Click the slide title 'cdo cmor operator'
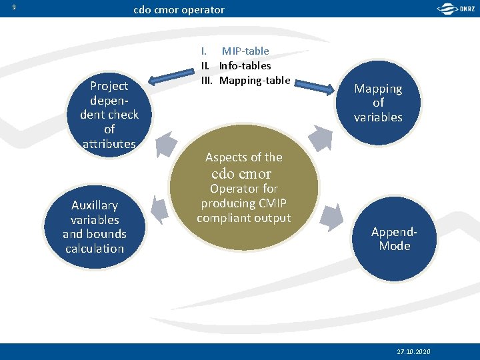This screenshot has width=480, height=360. (179, 10)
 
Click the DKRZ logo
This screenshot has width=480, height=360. (457, 9)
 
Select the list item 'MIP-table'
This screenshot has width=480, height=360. (245, 51)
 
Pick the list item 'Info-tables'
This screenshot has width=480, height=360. (245, 66)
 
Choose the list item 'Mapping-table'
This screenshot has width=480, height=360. (255, 81)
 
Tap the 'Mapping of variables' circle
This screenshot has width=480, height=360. (378, 103)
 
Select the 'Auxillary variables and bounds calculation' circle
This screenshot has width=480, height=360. (94, 227)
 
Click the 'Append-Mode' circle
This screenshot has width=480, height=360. (394, 239)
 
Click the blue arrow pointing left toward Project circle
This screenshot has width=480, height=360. (170, 79)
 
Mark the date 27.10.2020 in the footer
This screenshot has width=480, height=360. (413, 351)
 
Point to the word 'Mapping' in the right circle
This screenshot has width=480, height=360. (378, 89)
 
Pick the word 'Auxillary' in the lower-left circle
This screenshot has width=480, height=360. (94, 205)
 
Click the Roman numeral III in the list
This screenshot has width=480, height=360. (207, 81)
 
